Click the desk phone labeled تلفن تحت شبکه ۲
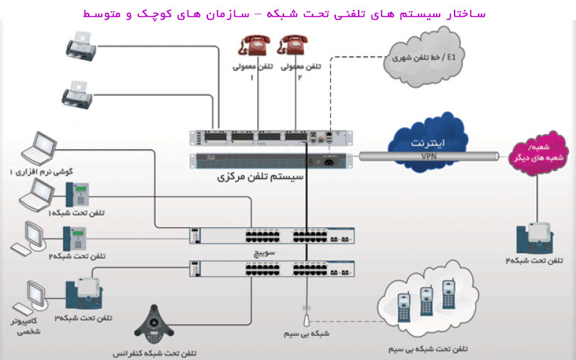(x=75, y=237)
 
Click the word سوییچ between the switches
(x=264, y=253)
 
